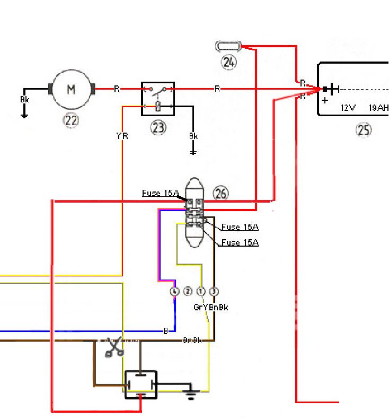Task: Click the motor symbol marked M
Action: tap(71, 89)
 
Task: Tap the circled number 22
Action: tap(71, 121)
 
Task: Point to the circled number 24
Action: tap(229, 62)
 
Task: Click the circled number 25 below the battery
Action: tap(364, 130)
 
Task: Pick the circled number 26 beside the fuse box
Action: tap(220, 194)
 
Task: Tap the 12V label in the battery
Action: tap(348, 108)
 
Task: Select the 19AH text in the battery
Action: tap(378, 108)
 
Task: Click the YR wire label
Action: tap(122, 136)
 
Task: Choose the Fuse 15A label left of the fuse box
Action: tap(160, 194)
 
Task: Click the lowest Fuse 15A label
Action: tap(240, 242)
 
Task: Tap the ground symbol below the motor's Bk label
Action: tap(24, 115)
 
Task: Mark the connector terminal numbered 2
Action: tap(188, 291)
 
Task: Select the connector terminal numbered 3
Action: tap(214, 291)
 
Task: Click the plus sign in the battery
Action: tap(324, 100)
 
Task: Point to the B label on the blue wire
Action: tap(166, 331)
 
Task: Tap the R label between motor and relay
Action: tap(117, 89)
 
